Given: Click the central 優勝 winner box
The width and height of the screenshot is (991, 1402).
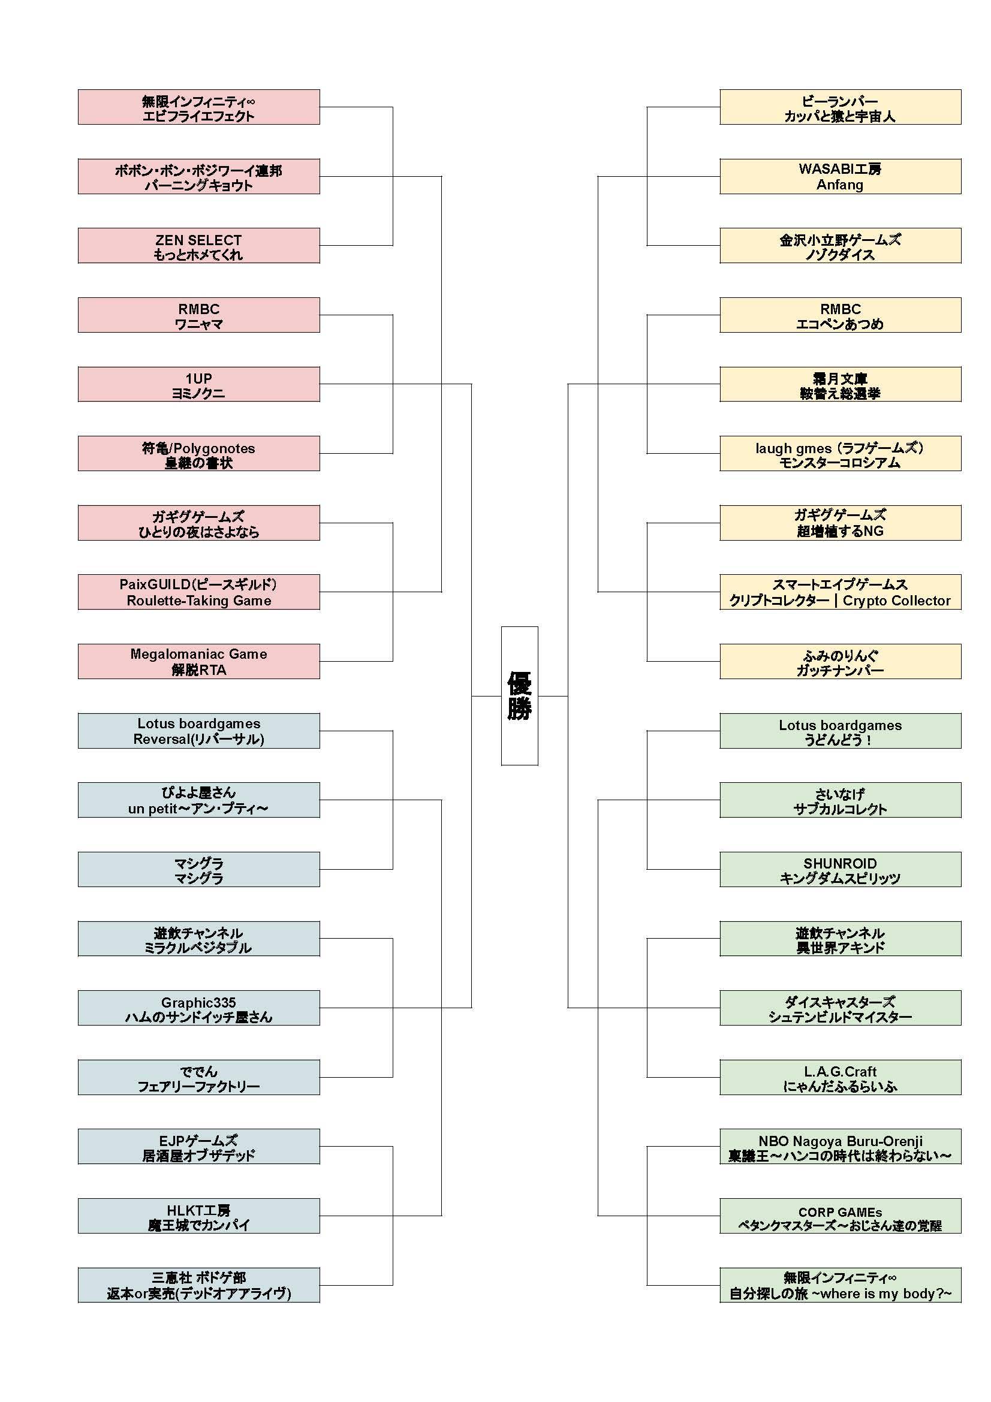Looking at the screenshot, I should (519, 695).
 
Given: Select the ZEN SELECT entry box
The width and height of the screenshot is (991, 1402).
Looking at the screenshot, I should (198, 246).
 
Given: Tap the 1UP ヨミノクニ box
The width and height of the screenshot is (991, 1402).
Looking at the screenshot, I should (198, 384).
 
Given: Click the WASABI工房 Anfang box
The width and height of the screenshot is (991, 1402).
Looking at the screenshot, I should (839, 176).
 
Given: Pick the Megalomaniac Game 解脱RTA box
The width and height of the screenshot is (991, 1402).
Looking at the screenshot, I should (198, 661).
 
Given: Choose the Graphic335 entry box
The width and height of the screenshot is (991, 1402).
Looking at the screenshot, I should (198, 1008).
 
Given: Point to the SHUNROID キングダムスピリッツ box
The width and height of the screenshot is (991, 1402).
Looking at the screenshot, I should (839, 869).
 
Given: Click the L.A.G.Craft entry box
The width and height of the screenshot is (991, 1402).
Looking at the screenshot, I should (839, 1077).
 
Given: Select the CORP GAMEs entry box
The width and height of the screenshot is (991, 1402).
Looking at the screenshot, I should (839, 1216).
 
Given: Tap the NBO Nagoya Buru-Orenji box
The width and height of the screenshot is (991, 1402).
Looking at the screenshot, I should (839, 1146).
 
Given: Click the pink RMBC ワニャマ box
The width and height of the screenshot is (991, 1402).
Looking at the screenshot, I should (198, 315).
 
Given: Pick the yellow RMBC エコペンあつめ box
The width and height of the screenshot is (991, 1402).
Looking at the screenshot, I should (839, 315).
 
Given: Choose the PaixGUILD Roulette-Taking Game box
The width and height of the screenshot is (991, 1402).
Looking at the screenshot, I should (198, 592).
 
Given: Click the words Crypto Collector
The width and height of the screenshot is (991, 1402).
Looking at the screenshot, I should (896, 600).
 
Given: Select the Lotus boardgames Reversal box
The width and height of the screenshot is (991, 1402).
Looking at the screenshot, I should (198, 731).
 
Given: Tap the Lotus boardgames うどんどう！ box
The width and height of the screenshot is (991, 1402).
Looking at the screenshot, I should (839, 731).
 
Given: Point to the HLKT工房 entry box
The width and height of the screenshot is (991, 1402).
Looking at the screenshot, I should (198, 1216).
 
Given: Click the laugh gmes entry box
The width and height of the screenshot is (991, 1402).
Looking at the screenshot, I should (839, 454).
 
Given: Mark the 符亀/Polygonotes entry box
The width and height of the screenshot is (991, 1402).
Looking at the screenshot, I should (198, 454).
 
